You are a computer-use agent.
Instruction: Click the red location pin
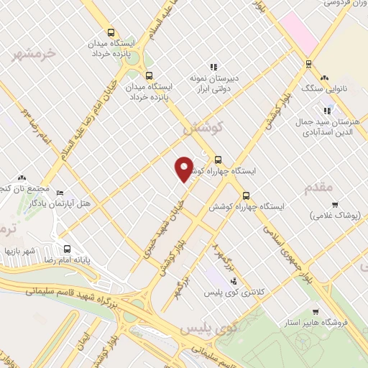tap(185, 169)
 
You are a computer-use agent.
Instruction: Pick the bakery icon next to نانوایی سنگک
tap(325, 78)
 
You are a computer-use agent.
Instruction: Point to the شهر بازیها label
tap(20, 251)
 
